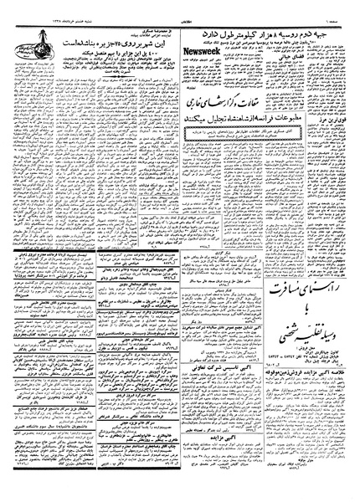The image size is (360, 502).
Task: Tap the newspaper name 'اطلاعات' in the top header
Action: (179, 7)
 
